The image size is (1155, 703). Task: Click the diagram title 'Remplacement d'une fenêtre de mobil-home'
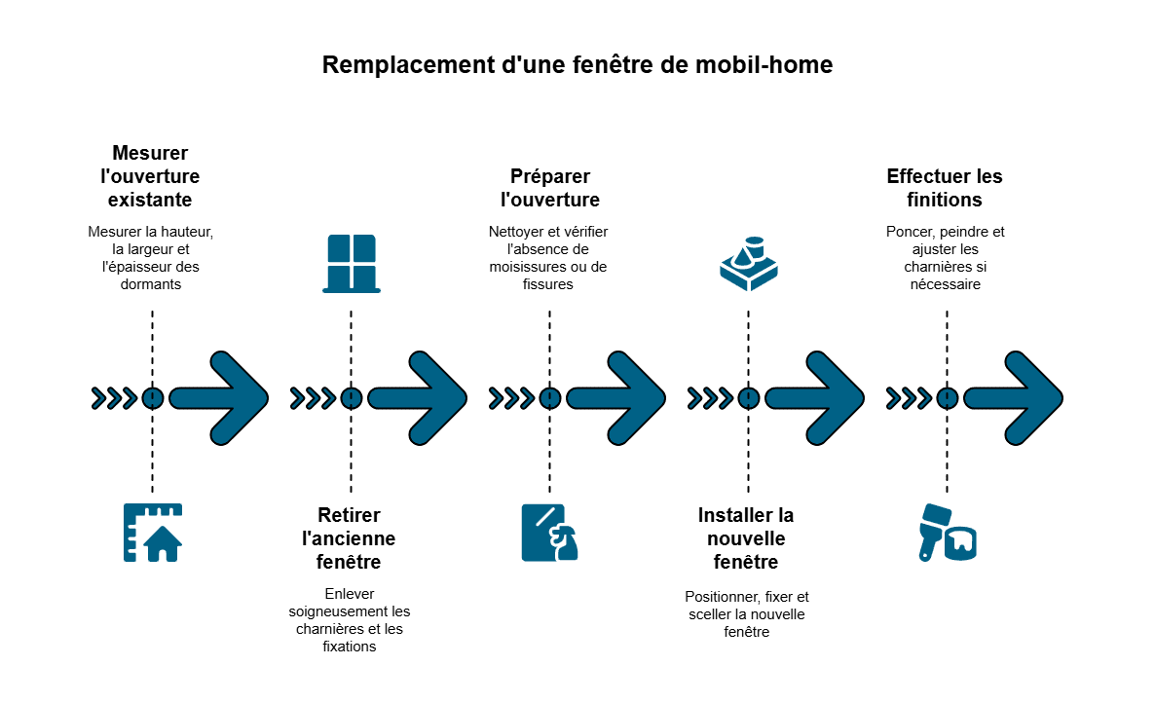pos(577,65)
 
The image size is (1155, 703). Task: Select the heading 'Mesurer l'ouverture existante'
pos(150,176)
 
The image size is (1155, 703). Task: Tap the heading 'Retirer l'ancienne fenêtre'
pos(349,538)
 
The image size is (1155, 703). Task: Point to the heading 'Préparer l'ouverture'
pos(549,188)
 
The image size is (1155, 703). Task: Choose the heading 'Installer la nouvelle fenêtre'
pos(746,538)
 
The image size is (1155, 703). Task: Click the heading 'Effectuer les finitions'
pos(945,188)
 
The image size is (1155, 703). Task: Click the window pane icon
pos(352,264)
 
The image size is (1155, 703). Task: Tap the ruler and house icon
pos(153,533)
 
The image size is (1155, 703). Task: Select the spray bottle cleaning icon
pos(549,533)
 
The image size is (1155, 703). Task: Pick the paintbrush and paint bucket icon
pos(948,533)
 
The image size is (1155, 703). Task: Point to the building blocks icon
pos(748,264)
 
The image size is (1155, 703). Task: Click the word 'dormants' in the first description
pos(151,284)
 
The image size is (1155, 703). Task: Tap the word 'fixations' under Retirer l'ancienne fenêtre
pos(350,647)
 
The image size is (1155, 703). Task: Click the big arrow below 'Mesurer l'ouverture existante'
pos(219,398)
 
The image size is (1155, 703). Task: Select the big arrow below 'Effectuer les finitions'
pos(1014,398)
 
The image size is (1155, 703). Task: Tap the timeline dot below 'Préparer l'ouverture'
pos(549,398)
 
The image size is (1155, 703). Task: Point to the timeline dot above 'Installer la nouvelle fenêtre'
pos(748,398)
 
